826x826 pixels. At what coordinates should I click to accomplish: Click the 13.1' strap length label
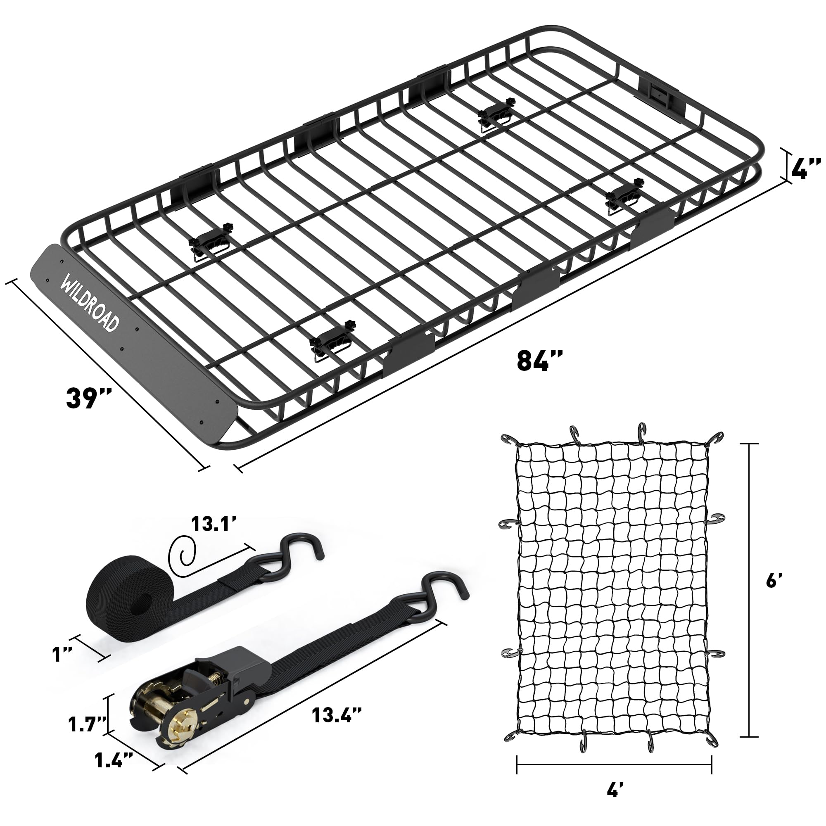click(214, 523)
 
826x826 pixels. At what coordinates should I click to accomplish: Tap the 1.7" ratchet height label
click(87, 724)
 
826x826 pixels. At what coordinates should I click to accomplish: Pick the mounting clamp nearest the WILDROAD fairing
click(209, 248)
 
